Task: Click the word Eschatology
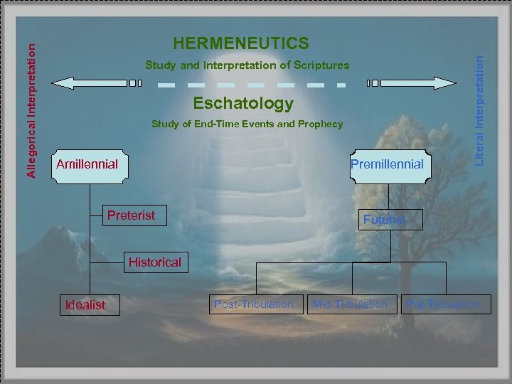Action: coord(243,103)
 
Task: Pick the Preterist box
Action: coord(131,215)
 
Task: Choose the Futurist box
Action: coord(385,220)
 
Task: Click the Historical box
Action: coord(154,262)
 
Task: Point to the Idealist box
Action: coord(85,305)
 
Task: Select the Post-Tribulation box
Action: coord(254,304)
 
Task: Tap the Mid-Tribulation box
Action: coord(351,304)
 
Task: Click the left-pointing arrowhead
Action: coord(63,82)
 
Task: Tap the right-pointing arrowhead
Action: coord(446,82)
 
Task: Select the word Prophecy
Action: coord(321,124)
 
